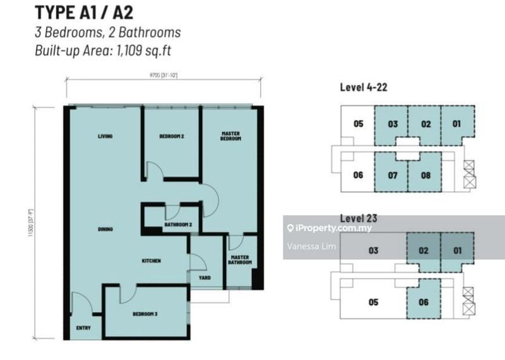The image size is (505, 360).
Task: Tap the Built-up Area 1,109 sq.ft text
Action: [107, 51]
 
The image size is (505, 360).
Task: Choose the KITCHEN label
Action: [151, 260]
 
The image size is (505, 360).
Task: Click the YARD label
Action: [205, 275]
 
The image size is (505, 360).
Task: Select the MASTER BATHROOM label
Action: [240, 260]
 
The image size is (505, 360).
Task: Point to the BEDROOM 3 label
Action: [145, 314]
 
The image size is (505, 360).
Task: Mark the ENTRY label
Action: [83, 328]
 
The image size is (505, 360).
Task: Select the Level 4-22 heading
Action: [364, 87]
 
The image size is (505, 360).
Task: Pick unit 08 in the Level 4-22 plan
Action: [425, 175]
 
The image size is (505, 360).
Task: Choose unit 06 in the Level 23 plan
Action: [423, 302]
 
